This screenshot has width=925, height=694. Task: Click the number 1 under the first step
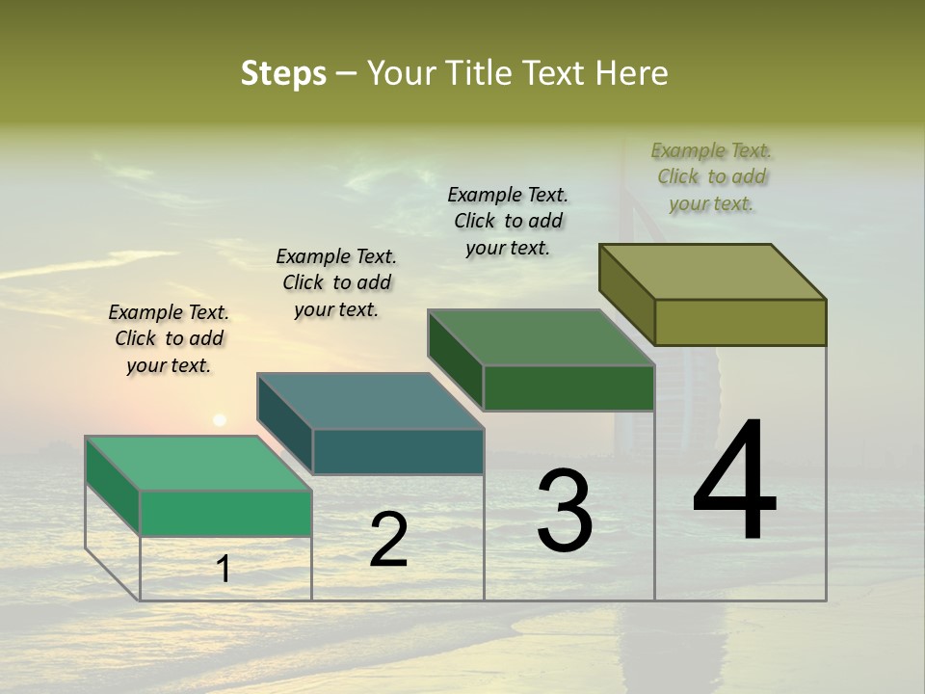(224, 569)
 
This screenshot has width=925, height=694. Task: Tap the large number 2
(388, 540)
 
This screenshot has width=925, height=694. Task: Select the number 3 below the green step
(565, 511)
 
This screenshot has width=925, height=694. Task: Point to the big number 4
(735, 481)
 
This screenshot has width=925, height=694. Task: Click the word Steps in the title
(283, 73)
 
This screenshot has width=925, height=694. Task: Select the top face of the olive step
(713, 272)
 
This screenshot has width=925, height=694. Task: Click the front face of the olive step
(740, 322)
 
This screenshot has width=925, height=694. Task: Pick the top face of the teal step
(370, 401)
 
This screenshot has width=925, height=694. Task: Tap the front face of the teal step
(398, 451)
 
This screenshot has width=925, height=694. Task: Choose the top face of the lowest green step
(198, 464)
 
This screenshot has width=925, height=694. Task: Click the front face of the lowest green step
(225, 513)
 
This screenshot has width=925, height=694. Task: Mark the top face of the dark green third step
(542, 337)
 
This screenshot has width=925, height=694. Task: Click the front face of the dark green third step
(568, 387)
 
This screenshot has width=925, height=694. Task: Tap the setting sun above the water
(220, 420)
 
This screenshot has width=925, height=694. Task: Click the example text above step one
(169, 338)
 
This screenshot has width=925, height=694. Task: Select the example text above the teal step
(336, 282)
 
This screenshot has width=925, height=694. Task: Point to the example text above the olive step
(711, 176)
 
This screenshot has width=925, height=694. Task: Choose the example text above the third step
(508, 221)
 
